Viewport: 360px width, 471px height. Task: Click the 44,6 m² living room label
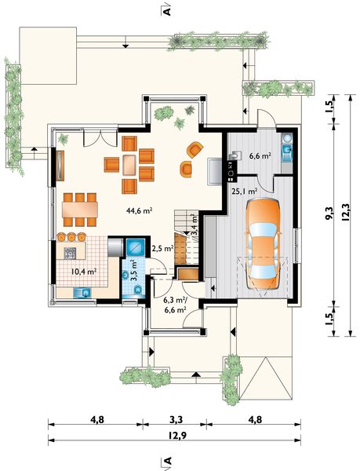point(140,210)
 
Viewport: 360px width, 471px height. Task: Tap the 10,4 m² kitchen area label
point(84,272)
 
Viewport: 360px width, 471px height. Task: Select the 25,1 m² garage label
point(245,191)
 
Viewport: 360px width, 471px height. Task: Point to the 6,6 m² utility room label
point(260,156)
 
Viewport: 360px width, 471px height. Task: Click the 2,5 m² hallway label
point(162,248)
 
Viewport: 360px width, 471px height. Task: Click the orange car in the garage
point(263,244)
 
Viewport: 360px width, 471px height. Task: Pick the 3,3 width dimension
point(176,419)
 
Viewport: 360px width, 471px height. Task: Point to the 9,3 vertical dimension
point(329,214)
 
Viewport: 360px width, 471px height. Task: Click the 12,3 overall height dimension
point(345,213)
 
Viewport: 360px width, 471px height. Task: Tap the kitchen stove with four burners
point(70,254)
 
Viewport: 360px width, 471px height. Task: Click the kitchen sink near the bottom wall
point(82,292)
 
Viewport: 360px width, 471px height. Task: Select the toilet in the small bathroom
point(138,289)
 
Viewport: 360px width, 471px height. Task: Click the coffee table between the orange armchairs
point(129,165)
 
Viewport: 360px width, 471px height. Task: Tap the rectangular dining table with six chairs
point(80,210)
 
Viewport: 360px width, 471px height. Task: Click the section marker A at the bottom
point(168,461)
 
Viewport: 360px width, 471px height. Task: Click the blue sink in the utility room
point(287,150)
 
